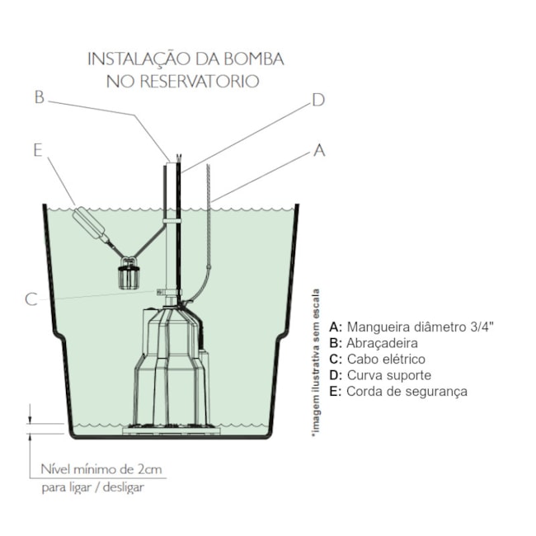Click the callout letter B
coord(38,97)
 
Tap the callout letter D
coord(317,101)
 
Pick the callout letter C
coord(31,299)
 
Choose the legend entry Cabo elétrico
coord(377,359)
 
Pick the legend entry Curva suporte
coord(378,375)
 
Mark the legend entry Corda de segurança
coord(397,391)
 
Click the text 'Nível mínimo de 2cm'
coord(101,469)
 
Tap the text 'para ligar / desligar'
coord(92,488)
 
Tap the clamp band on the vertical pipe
coord(172,222)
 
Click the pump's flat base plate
coord(169,430)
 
